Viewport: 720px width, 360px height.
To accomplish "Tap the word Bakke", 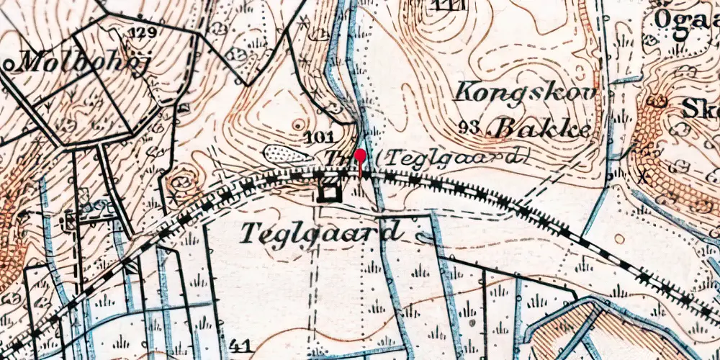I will coord(541,129).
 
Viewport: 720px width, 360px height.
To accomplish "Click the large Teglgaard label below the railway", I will coord(320,232).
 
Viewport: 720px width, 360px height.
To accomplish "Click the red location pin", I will coord(361,161).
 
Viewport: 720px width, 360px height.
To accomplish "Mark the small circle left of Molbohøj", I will coord(8,63).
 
